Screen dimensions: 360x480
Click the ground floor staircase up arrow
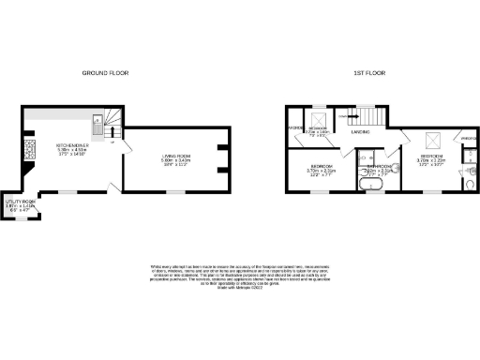(113, 138)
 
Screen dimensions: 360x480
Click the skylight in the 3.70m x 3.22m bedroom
(432, 141)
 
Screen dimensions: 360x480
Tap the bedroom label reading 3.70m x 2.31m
(322, 170)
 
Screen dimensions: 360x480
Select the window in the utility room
(21, 218)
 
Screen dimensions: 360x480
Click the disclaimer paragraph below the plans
(240, 279)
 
